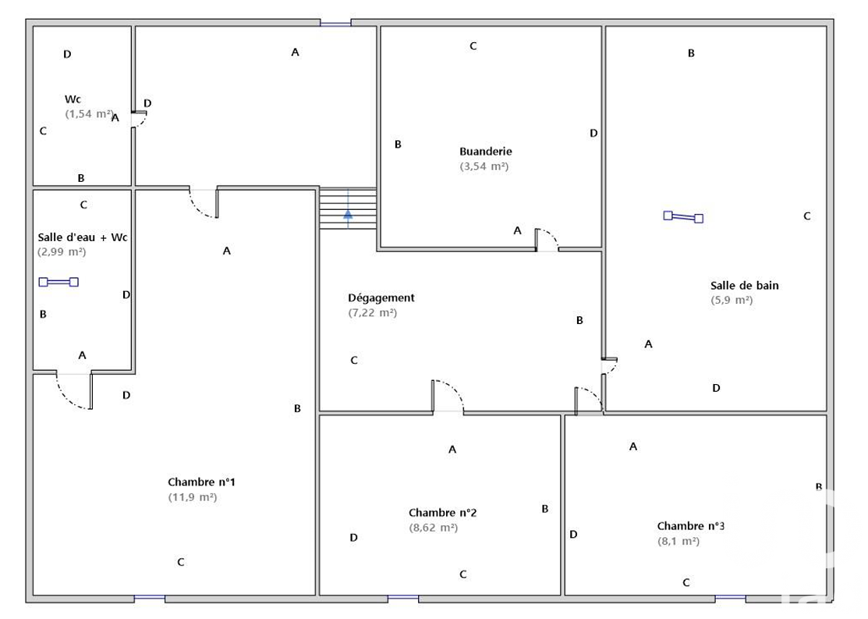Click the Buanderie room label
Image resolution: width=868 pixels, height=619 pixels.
coord(486,151)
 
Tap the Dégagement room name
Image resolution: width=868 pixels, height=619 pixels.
coord(381,298)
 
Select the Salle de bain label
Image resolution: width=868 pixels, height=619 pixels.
coord(745,286)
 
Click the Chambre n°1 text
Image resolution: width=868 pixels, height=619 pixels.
coord(201,482)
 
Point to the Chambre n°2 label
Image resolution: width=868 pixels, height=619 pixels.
coord(442,513)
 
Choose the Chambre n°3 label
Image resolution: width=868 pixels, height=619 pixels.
coord(691,526)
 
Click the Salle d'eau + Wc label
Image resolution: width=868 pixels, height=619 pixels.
coord(83,237)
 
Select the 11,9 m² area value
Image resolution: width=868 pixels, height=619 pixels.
coord(193,497)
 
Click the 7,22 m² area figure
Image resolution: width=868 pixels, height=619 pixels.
coord(373,312)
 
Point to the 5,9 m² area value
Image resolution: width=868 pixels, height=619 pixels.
coord(732,301)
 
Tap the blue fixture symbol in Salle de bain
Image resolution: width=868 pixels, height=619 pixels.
coord(683,217)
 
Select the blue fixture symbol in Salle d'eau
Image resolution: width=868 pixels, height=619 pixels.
coord(58,282)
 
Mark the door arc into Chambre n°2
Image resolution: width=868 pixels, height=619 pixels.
coord(455,388)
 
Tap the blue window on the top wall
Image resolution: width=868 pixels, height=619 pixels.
coord(335,23)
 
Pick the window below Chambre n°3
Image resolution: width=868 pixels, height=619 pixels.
coord(730,599)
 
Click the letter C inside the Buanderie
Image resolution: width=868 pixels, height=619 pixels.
coord(473,46)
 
